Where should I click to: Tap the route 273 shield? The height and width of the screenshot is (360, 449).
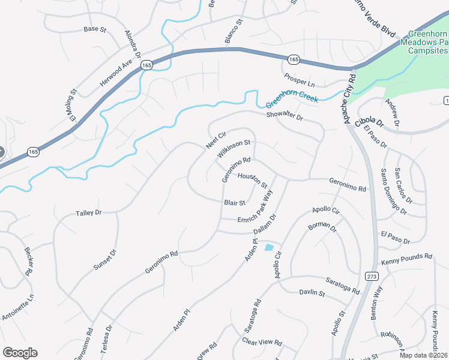click(372, 275)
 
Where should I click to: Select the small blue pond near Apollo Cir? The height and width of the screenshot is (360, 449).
click(268, 247)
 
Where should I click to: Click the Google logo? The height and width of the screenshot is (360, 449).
click(20, 352)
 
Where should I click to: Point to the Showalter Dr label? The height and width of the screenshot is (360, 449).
click(285, 116)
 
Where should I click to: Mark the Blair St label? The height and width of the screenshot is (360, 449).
click(234, 203)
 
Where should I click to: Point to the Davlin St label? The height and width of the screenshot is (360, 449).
click(312, 293)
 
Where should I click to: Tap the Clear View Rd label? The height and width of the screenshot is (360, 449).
click(262, 341)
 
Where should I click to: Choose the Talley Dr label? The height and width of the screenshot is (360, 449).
click(89, 213)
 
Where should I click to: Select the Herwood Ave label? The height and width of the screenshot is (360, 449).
click(116, 73)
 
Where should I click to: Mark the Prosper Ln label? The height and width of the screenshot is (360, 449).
click(299, 80)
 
